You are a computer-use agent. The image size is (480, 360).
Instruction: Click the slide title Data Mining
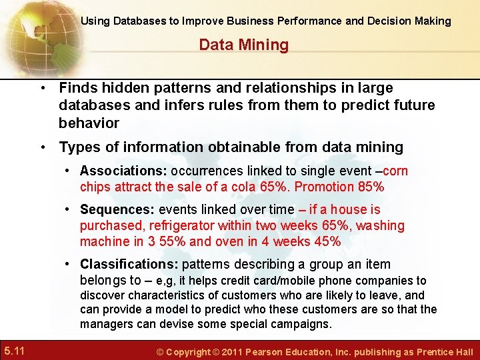point(243,45)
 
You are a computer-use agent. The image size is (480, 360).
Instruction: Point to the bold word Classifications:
point(133,265)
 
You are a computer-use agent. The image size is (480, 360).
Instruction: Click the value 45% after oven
point(327,241)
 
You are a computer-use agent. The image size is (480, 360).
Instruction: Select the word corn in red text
point(396,171)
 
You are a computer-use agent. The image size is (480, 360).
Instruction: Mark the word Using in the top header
point(95,21)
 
